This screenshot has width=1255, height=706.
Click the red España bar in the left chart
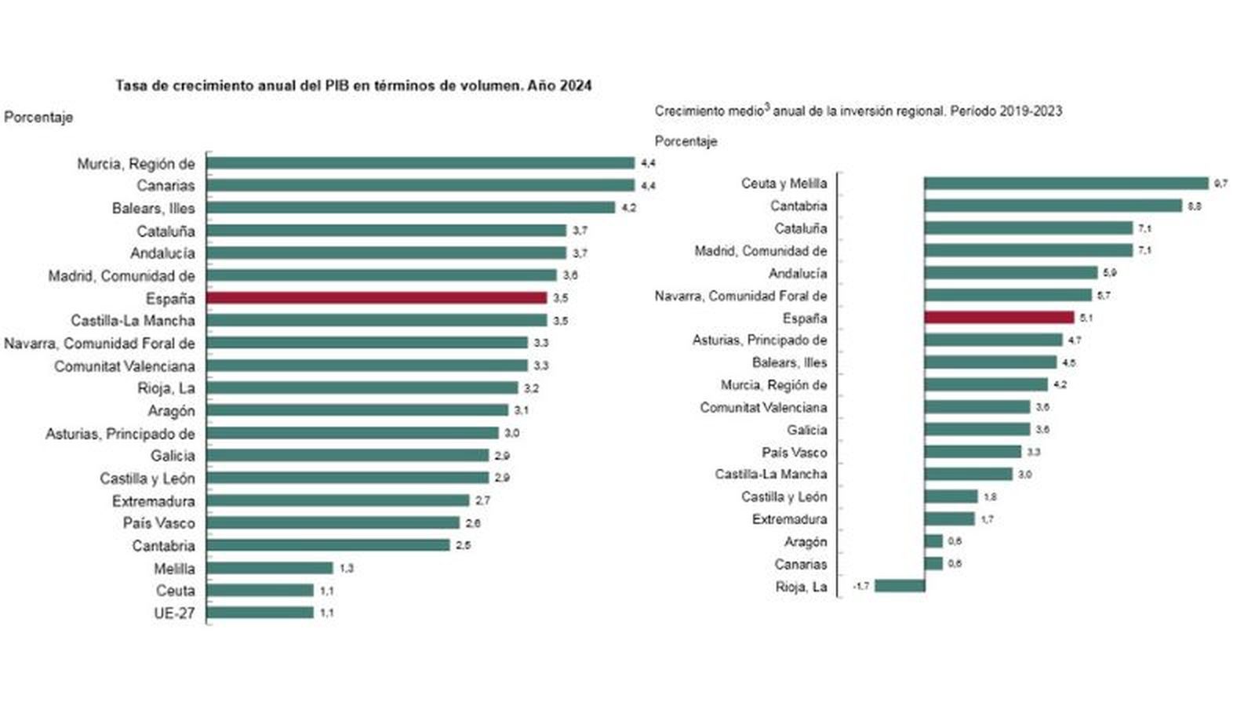376,298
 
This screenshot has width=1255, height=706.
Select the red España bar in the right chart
999,318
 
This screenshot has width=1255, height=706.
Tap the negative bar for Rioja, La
900,586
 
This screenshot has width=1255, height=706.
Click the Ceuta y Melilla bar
1066,183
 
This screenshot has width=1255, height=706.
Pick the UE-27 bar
260,613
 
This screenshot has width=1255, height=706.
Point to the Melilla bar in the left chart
270,568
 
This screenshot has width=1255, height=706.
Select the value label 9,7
1220,184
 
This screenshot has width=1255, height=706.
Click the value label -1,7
860,586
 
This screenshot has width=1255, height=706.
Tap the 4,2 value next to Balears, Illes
628,208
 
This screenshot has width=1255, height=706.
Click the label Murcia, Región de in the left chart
136,164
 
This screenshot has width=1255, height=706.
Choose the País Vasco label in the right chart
794,453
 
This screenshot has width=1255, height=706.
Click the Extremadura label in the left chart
153,500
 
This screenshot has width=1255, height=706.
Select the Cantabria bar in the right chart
1053,206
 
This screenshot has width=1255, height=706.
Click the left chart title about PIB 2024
353,86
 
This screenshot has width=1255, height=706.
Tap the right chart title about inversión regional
858,111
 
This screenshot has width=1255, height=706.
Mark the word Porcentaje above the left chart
38,117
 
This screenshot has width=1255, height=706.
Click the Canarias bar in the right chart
933,564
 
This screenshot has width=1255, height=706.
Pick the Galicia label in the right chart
806,430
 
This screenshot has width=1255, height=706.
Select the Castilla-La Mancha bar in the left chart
376,321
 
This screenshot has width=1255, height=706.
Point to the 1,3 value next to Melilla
346,568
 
